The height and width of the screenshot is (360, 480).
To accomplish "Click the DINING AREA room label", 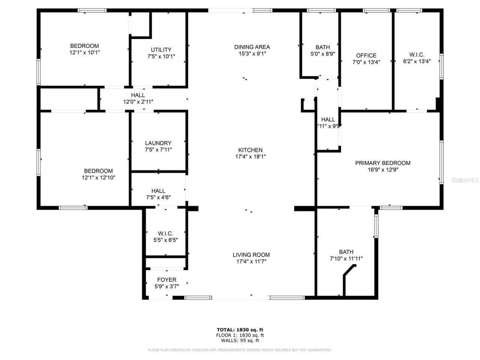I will point(252,47).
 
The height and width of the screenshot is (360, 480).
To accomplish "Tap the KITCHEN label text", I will point(252,150).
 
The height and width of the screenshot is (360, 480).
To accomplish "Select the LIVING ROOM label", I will point(251,255).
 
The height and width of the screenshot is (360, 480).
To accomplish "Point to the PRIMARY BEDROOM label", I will point(382,163).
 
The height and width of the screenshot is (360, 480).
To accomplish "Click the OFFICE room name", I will point(366,55).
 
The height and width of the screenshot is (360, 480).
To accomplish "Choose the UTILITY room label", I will point(161,49).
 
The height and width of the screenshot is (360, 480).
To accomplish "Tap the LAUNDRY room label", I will point(158,143).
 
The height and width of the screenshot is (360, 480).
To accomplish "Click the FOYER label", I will point(166,280).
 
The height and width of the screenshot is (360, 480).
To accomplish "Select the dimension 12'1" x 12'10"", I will point(99,178).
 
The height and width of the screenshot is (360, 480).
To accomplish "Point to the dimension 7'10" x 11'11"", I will point(346,258).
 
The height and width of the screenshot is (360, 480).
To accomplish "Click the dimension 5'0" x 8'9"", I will point(322,54).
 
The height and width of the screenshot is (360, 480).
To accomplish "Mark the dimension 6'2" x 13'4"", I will point(417,61).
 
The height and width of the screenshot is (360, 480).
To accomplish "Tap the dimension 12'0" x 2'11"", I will point(138,102).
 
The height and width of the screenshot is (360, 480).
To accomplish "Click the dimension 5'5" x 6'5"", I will point(165,240).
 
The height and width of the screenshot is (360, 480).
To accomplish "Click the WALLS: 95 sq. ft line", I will point(240,340).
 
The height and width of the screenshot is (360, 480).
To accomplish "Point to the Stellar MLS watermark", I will point(465,180).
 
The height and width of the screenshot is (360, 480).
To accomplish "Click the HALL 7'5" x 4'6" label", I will point(158,194).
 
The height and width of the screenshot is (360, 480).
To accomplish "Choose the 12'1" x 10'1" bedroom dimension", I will point(84,52).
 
